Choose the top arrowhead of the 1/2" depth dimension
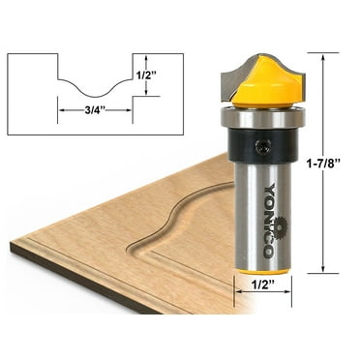pyautogui.click(x=146, y=56)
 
